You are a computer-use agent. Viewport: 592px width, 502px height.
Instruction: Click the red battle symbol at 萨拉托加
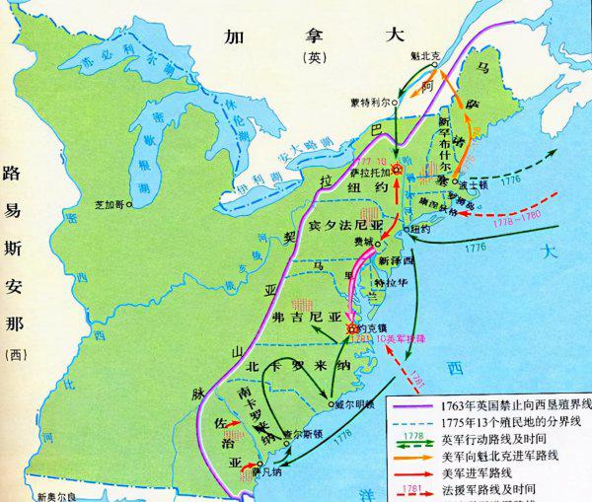[x=398, y=170]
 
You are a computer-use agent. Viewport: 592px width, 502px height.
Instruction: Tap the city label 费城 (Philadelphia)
[x=363, y=241]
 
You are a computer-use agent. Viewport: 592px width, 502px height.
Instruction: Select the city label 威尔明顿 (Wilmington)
[x=352, y=404]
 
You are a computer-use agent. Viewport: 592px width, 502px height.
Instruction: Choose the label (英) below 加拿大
[x=300, y=58]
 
